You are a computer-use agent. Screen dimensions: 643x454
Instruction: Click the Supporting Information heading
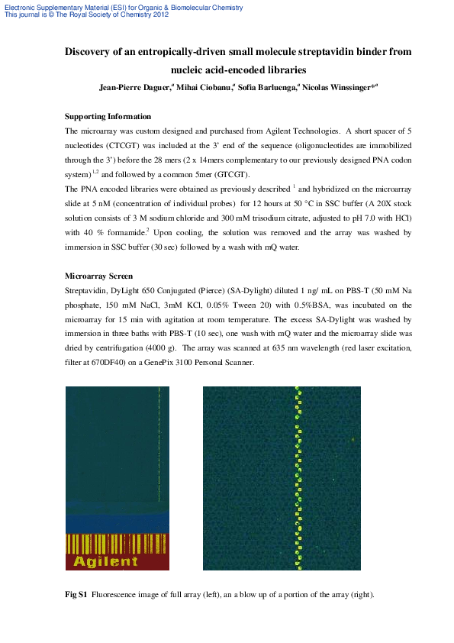[108, 116]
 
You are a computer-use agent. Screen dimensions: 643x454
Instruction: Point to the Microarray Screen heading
[99, 275]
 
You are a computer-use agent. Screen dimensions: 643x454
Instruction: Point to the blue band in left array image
[117, 523]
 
